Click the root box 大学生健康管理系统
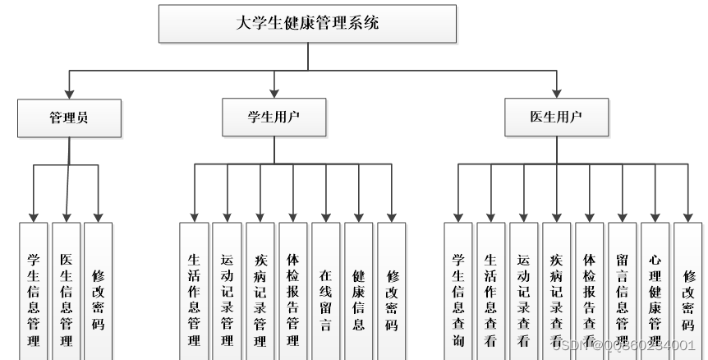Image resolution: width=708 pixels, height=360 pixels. (307, 24)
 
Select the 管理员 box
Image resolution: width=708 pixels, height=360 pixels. (69, 118)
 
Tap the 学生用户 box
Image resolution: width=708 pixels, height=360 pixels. (274, 118)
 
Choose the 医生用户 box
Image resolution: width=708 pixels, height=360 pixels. (557, 118)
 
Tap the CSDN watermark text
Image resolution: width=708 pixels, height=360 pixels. (624, 344)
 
